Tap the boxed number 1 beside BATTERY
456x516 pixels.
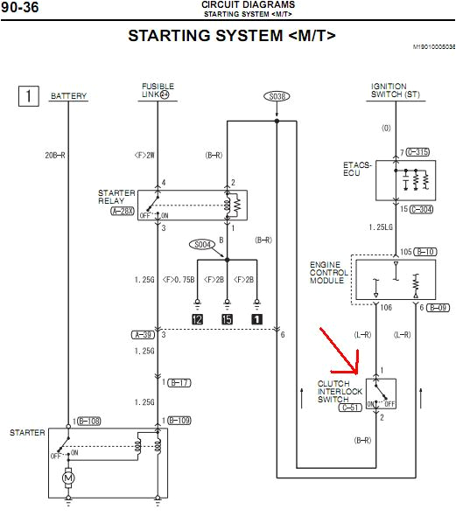(29, 95)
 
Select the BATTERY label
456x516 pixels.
(69, 96)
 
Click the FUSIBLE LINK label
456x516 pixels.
(158, 91)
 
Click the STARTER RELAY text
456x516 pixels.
(116, 197)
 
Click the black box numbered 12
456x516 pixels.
(199, 319)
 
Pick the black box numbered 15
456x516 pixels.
(227, 319)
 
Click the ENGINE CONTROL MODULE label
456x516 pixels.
(330, 274)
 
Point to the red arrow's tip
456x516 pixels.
(359, 371)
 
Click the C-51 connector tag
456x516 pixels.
(351, 407)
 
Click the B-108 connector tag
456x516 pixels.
(88, 421)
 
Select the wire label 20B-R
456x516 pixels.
(56, 157)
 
